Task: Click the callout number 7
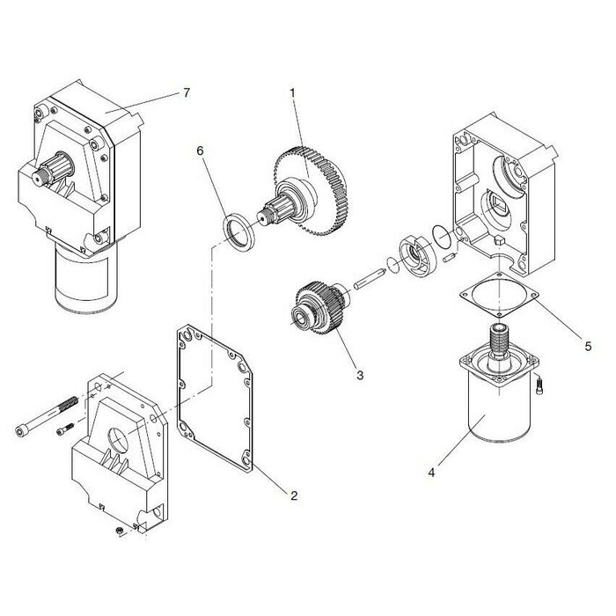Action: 187,92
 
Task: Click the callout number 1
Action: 292,93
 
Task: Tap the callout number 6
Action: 201,150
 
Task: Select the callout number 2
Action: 294,495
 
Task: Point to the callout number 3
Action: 360,375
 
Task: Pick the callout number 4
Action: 431,473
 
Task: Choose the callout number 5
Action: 588,346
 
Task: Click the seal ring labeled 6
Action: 239,232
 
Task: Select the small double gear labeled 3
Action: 319,308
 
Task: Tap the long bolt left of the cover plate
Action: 47,414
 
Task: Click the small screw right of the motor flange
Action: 539,385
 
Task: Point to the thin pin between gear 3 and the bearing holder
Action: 369,279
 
